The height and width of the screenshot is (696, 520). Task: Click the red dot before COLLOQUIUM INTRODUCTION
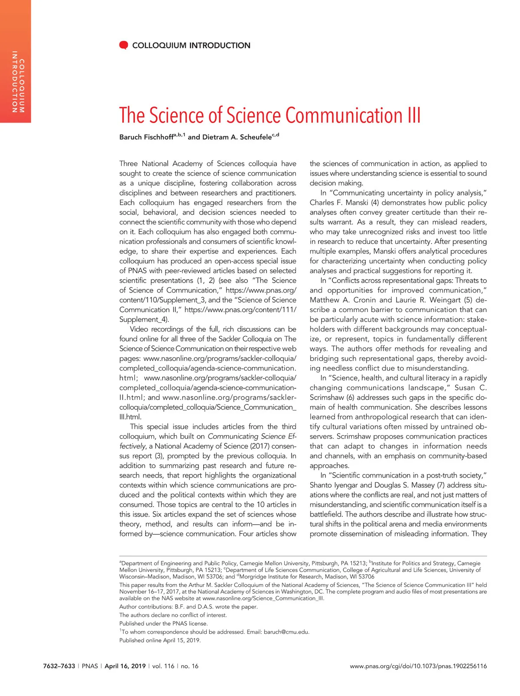(123, 45)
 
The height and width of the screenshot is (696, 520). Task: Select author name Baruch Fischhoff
(146, 137)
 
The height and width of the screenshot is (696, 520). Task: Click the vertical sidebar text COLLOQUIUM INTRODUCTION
(18, 82)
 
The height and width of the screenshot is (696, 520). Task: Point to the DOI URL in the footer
(418, 666)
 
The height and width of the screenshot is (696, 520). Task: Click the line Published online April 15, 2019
(160, 640)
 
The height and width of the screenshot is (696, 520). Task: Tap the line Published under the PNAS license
(163, 623)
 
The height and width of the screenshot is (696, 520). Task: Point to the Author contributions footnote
(188, 607)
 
